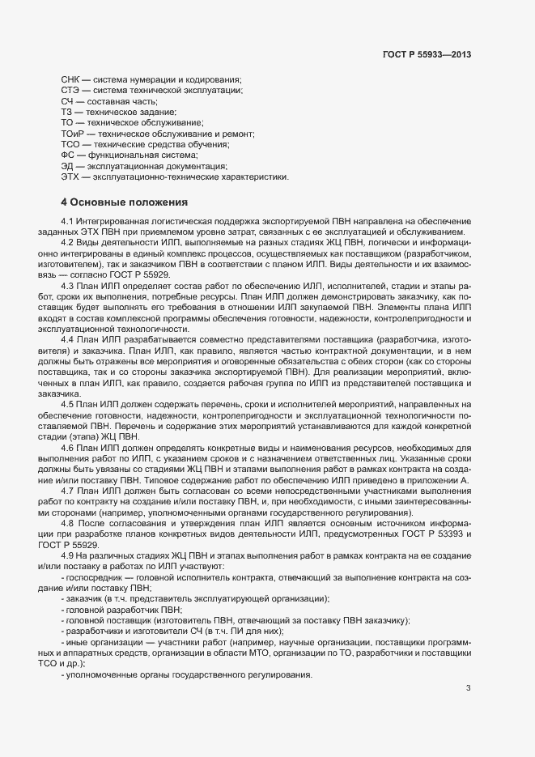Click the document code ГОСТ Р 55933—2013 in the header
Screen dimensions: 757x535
click(x=426, y=55)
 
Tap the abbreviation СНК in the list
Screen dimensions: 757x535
click(x=70, y=79)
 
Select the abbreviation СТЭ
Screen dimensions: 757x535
click(x=70, y=90)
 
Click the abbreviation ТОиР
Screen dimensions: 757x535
click(x=74, y=133)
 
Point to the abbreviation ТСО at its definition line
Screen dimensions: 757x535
click(x=71, y=143)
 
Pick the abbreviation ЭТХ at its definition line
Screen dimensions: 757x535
click(x=70, y=176)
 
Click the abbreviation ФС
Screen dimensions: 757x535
click(x=68, y=154)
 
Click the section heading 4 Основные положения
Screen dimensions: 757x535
click(x=125, y=202)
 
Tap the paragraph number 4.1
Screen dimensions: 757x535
click(x=67, y=221)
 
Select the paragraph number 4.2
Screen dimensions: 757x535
click(x=67, y=242)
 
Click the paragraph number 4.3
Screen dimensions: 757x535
click(x=67, y=286)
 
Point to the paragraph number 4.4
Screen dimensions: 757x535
click(x=67, y=339)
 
